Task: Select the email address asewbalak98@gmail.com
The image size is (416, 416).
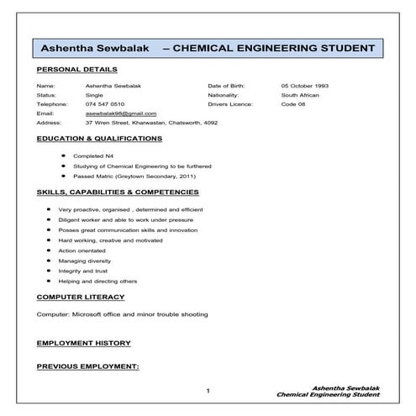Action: tap(121, 113)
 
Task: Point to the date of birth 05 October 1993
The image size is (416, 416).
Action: tap(306, 86)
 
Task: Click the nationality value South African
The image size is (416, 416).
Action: tap(300, 95)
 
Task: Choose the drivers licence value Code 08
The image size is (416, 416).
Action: tap(292, 103)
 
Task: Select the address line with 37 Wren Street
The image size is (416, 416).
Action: tap(151, 122)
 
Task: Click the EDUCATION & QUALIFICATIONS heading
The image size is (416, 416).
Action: tap(99, 137)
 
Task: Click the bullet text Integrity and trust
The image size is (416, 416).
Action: tap(83, 271)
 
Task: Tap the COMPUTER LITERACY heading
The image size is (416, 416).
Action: tap(81, 297)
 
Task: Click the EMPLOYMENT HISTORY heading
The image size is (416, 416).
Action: tap(84, 343)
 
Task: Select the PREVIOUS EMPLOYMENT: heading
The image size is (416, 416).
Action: tap(87, 366)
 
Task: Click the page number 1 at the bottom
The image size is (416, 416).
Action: tap(208, 392)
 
